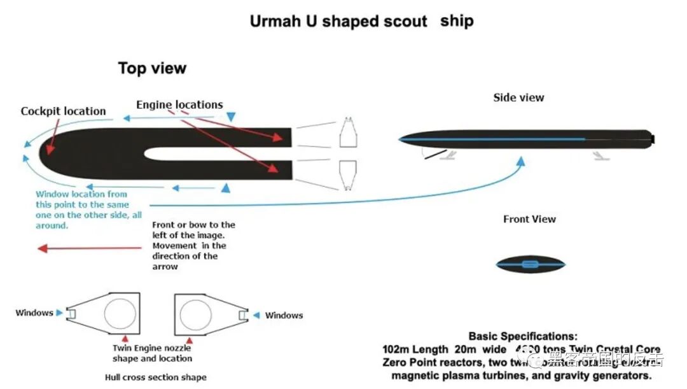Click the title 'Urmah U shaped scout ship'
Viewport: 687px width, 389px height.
(x=361, y=20)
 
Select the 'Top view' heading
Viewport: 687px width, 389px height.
(x=152, y=68)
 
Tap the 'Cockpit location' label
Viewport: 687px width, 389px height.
(x=63, y=111)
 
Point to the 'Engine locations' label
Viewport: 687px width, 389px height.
(x=179, y=104)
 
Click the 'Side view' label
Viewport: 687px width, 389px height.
(x=518, y=97)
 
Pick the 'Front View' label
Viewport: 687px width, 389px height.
(x=529, y=219)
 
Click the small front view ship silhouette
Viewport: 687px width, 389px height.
(x=531, y=264)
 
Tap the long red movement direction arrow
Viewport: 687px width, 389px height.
(x=89, y=248)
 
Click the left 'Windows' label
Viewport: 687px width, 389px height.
(x=34, y=313)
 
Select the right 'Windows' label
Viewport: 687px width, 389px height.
(x=284, y=315)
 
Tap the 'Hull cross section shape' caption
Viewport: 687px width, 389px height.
(x=155, y=378)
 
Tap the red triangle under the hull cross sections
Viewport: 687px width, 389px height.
(x=125, y=338)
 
